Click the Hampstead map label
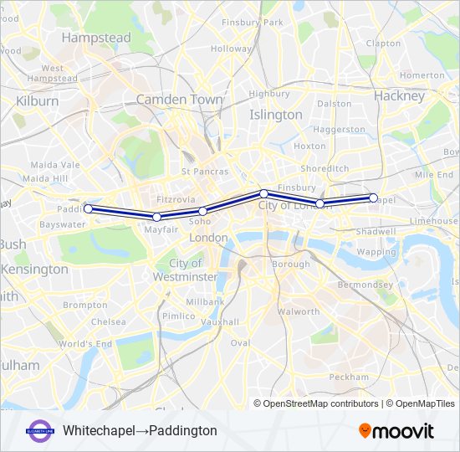click(96, 39)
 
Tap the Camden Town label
click(179, 99)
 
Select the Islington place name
click(276, 115)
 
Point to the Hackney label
click(400, 96)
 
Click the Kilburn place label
click(37, 101)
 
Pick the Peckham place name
click(349, 378)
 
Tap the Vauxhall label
click(220, 321)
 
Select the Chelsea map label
click(109, 321)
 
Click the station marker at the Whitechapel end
click(373, 198)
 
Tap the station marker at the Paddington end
click(88, 209)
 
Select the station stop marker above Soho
click(202, 211)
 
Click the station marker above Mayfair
click(156, 218)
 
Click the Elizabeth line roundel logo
click(39, 430)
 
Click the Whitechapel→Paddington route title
click(140, 430)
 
